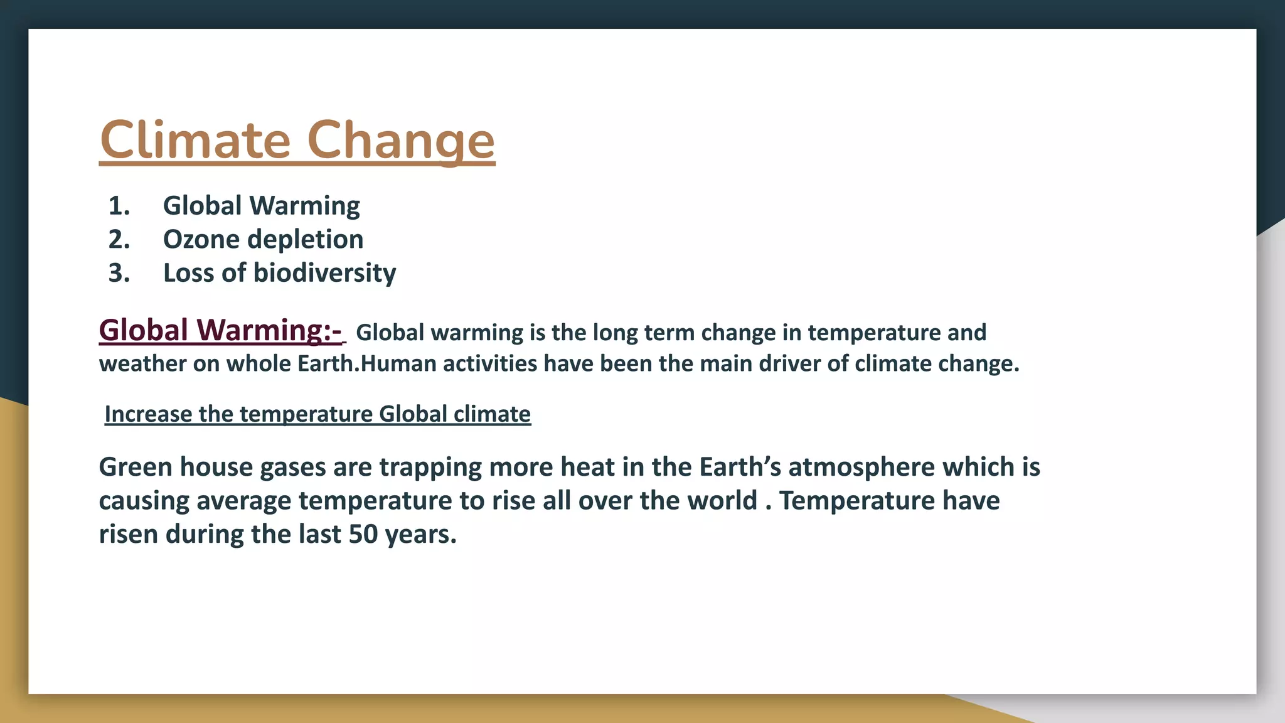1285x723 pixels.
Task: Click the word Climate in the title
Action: pos(195,139)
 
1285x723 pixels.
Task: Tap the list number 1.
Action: pos(119,206)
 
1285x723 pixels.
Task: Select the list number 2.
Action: pos(119,240)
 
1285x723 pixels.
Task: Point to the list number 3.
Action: pos(119,273)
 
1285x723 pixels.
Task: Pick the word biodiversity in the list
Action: pos(324,273)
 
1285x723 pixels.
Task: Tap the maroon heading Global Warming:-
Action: pos(220,330)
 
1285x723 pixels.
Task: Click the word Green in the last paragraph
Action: pos(135,467)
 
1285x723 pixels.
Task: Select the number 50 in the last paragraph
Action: pos(363,534)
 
